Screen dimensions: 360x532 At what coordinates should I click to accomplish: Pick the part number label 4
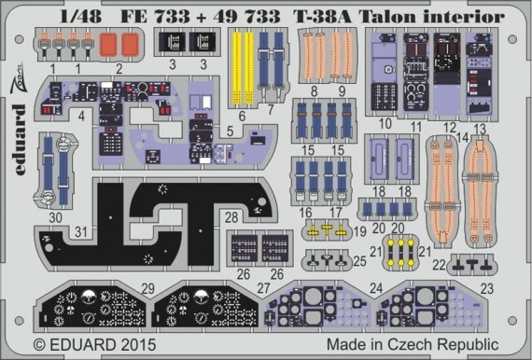pos(57,118)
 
